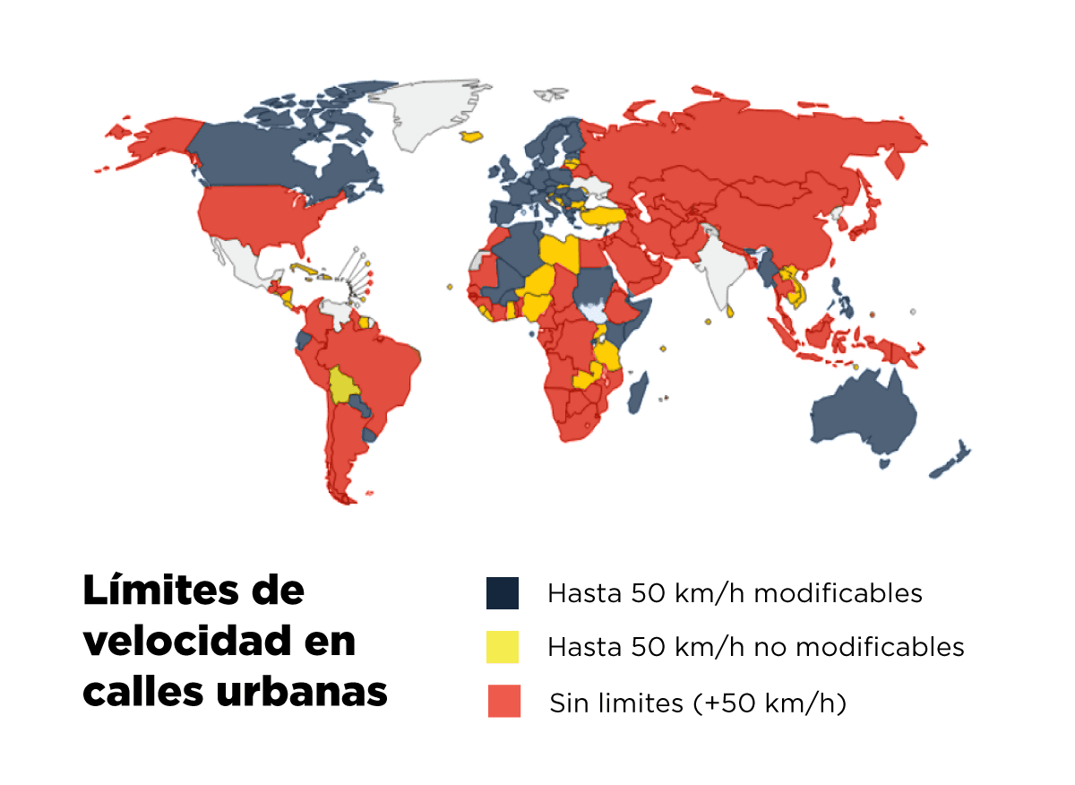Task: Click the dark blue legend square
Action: [x=503, y=593]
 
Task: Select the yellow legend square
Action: [x=503, y=647]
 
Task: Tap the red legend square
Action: [x=503, y=702]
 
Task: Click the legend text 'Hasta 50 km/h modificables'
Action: [x=735, y=593]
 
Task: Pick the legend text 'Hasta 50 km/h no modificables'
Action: [x=756, y=647]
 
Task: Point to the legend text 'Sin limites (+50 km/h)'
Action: [x=698, y=703]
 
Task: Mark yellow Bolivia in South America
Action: [x=342, y=386]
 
